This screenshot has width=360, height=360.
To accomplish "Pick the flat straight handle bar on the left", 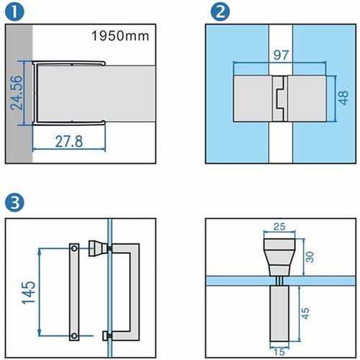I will coord(73,292).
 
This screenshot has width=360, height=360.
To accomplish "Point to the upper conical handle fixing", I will coord(95,248).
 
